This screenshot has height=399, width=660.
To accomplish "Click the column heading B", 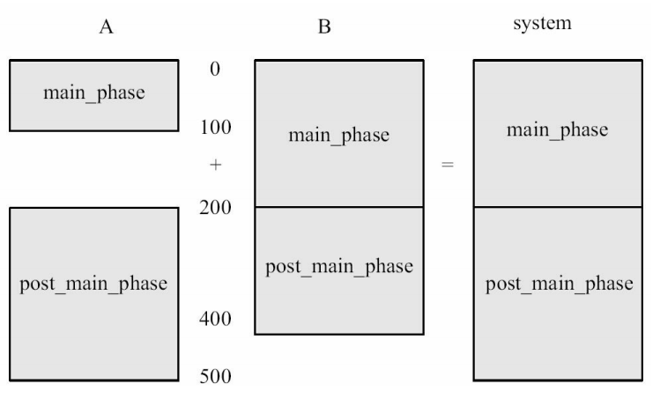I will pyautogui.click(x=324, y=27).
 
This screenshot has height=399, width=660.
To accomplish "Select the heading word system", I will pyautogui.click(x=543, y=24).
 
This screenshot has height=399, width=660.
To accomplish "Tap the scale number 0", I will pyautogui.click(x=214, y=69).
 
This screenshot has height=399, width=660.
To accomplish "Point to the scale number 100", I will pyautogui.click(x=214, y=128).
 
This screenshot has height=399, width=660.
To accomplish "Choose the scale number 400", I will pyautogui.click(x=214, y=319).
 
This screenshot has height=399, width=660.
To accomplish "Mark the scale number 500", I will pyautogui.click(x=214, y=377).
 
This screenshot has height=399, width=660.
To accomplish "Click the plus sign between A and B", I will pyautogui.click(x=214, y=166).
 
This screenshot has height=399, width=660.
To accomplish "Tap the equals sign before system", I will pyautogui.click(x=448, y=166).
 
